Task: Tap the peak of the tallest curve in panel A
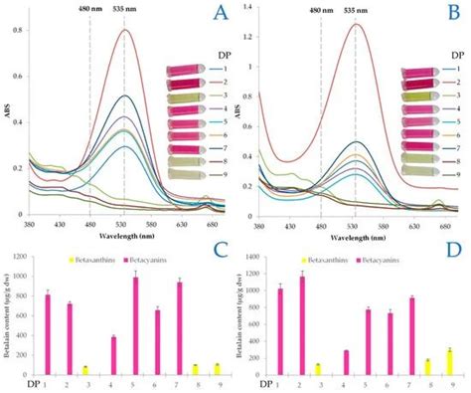(125, 30)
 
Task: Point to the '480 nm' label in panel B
(320, 12)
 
